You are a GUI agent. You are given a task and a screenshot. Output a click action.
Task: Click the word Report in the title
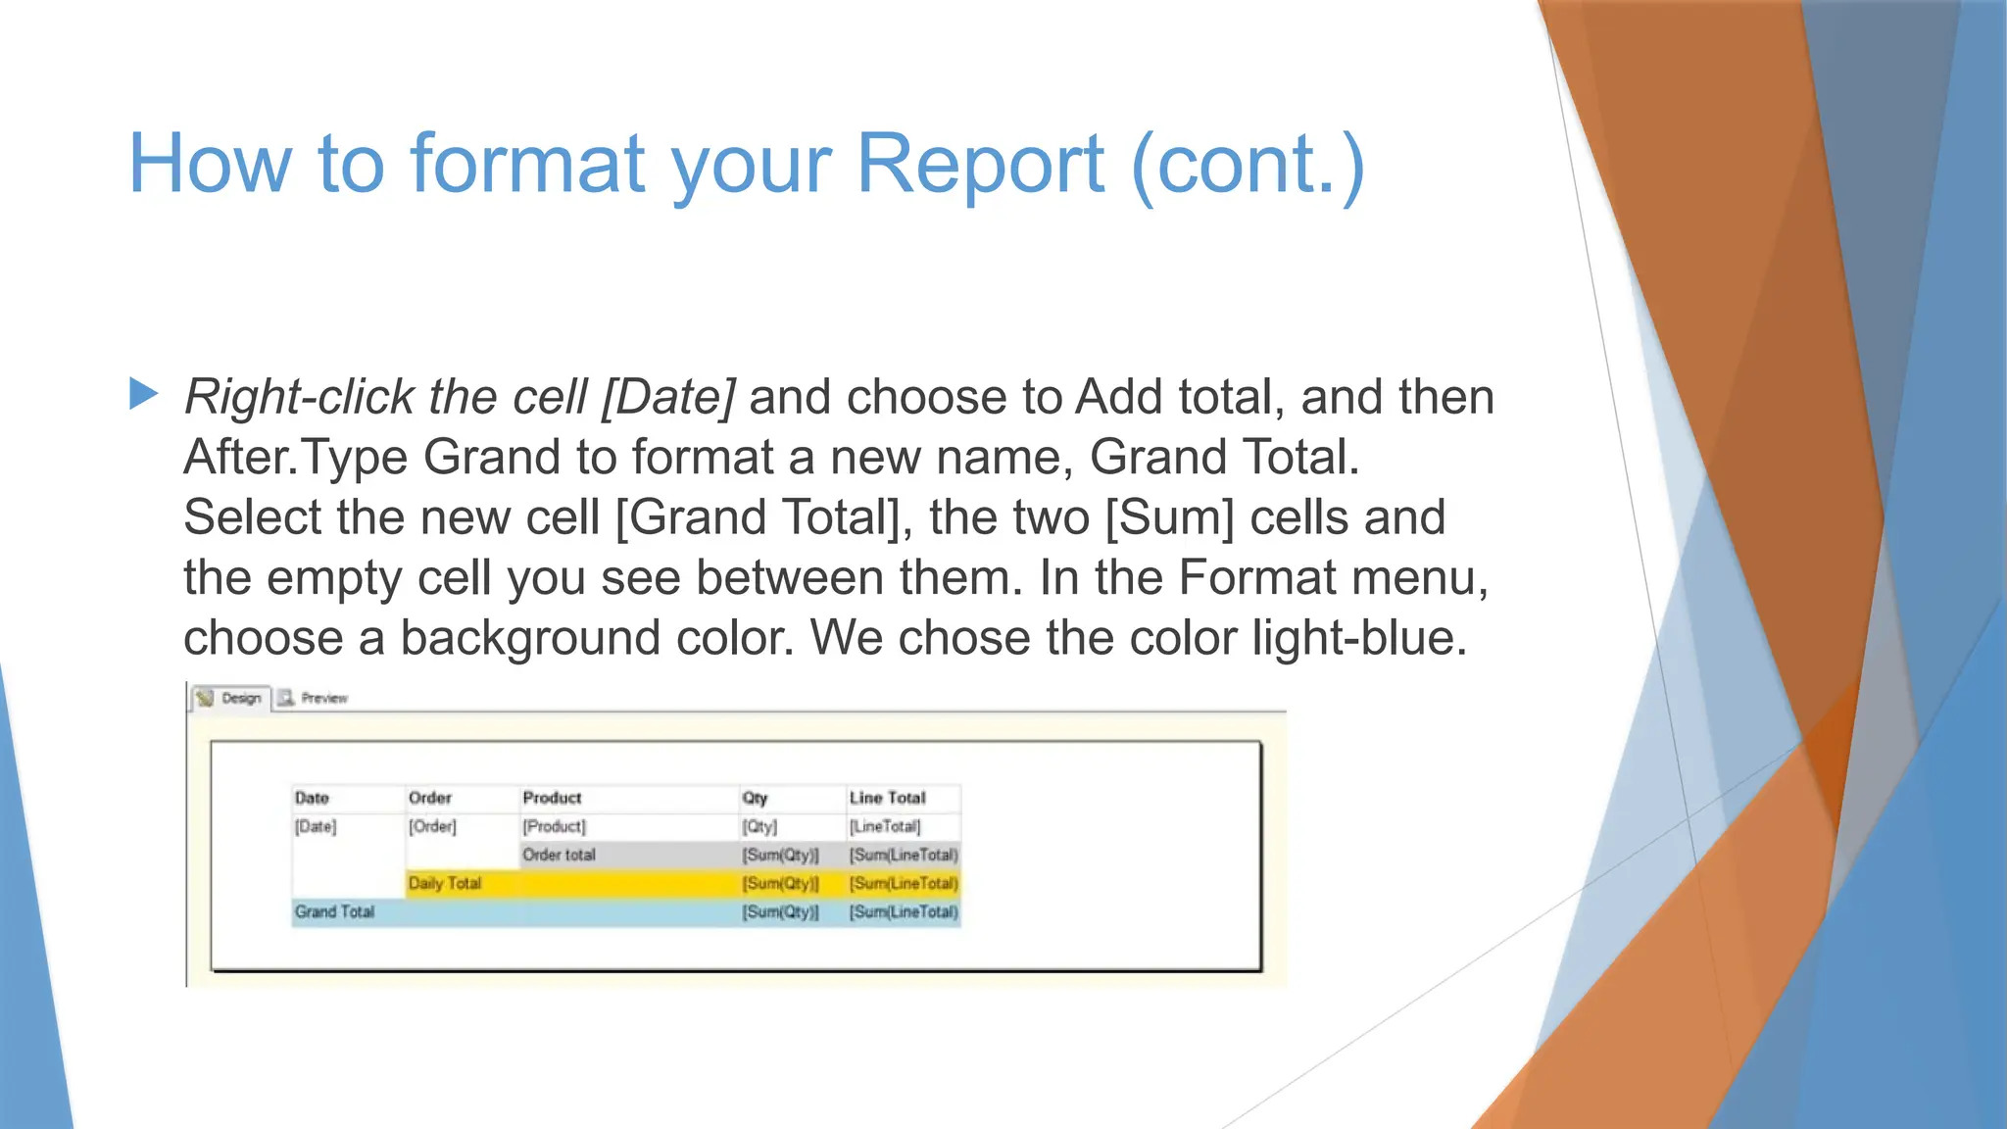coord(980,164)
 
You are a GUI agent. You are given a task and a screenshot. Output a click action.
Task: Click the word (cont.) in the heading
coord(1248,164)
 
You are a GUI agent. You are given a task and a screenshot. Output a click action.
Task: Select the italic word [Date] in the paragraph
coord(668,397)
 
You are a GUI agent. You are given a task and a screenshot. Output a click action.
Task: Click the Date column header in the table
coord(312,798)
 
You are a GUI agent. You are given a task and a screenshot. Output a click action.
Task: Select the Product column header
coord(552,798)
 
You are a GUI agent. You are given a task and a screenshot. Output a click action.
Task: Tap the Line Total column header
coord(887,798)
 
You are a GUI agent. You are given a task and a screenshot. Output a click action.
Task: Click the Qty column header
coord(755,798)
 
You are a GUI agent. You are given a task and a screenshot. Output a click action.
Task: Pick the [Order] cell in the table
coord(432,826)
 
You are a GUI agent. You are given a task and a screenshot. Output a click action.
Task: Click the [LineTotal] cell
coord(885,826)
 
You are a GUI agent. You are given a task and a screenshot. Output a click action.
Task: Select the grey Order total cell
coord(559,855)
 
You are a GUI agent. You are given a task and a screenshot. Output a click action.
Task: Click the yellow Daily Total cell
coord(445,883)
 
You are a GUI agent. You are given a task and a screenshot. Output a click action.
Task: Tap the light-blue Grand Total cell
coord(334,911)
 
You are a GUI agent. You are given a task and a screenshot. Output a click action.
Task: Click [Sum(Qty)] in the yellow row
coord(780,883)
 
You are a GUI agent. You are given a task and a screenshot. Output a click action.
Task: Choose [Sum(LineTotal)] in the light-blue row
coord(903,911)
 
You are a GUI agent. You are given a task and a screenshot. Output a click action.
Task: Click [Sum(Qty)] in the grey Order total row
coord(780,855)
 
